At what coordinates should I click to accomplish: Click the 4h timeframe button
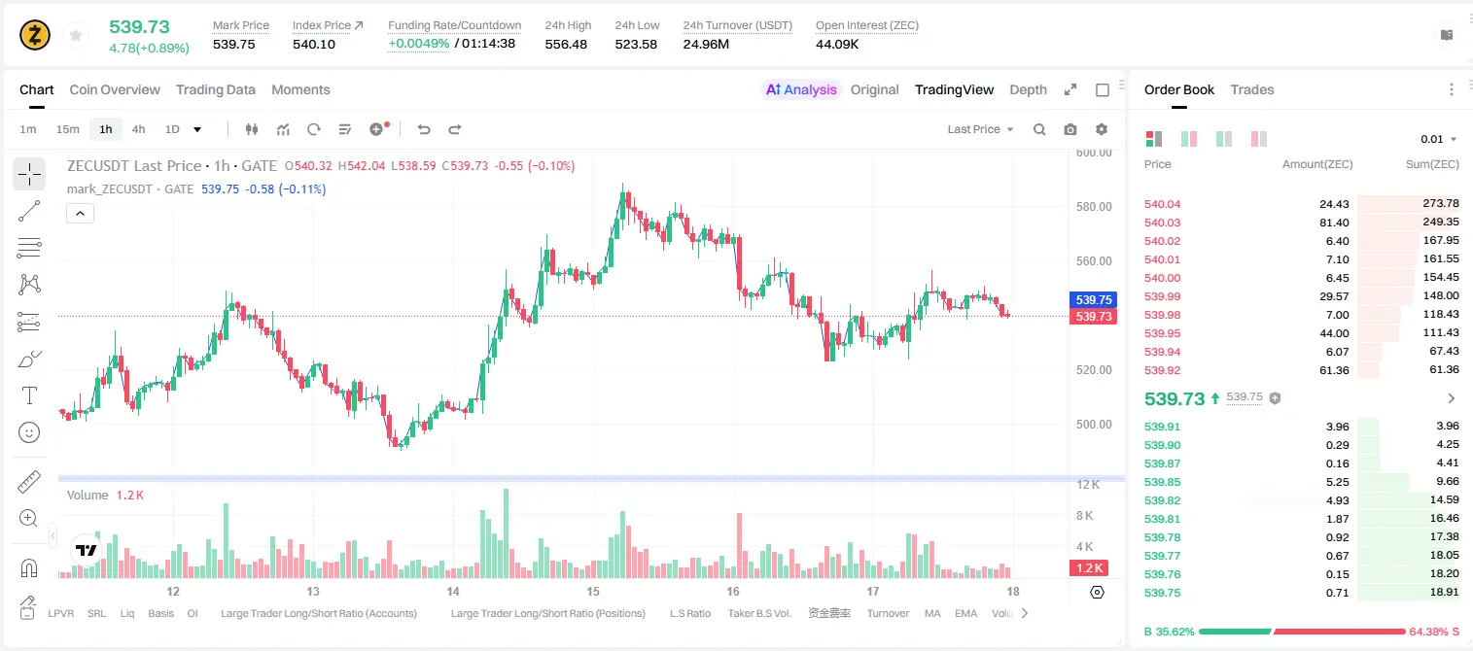[138, 129]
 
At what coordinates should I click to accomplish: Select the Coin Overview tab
[115, 89]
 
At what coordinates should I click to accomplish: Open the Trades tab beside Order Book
[1252, 89]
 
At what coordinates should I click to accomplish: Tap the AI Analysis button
[801, 89]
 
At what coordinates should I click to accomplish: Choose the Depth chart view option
[1028, 89]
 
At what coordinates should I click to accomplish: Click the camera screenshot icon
[1070, 129]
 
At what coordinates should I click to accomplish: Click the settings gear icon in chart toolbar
[1102, 129]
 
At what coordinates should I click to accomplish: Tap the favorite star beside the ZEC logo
[76, 35]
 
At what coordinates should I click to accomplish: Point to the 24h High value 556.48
[566, 44]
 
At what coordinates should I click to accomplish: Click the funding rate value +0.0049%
[419, 44]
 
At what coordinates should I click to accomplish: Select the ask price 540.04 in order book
[1162, 204]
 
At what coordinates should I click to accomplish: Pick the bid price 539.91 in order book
[1162, 427]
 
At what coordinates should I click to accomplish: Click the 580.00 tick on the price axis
[1094, 206]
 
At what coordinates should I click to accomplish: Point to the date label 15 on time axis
[593, 591]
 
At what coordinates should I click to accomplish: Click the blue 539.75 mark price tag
[1093, 299]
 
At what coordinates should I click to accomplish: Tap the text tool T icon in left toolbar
[29, 395]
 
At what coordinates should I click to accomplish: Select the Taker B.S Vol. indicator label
[758, 613]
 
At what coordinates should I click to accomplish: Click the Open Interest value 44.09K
[837, 44]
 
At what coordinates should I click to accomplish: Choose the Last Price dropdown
[980, 129]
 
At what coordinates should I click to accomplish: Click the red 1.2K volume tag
[1089, 567]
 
